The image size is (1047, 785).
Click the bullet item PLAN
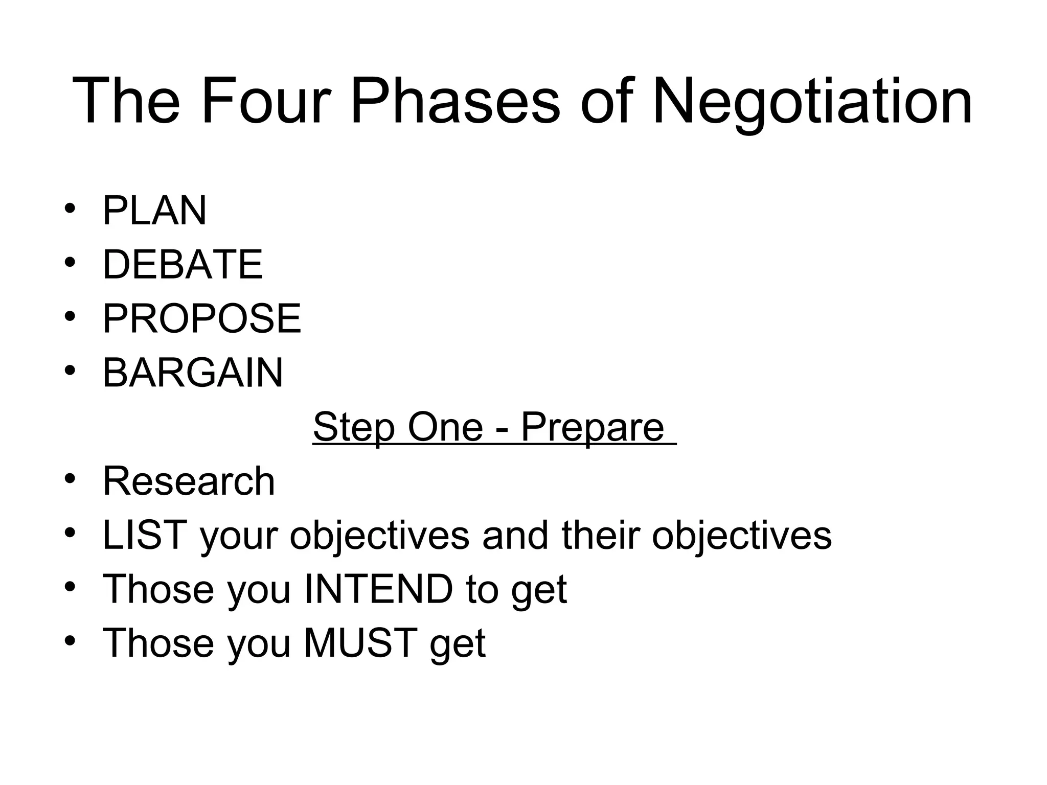(154, 211)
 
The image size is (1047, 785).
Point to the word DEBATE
(183, 265)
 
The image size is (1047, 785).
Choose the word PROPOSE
(202, 318)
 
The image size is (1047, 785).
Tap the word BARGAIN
(193, 373)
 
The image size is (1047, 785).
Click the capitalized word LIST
(144, 535)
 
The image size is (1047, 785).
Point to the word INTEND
(378, 589)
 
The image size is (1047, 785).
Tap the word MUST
(361, 643)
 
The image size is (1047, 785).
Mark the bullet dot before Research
(70, 479)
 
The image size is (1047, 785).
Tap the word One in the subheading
(445, 427)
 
